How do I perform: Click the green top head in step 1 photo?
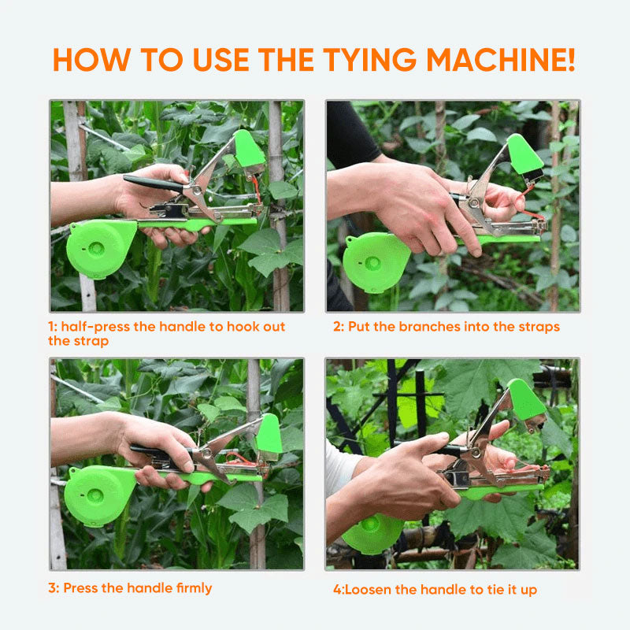[250, 150]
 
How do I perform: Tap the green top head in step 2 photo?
[524, 155]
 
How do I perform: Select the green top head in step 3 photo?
[269, 435]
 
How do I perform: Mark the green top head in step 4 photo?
[525, 402]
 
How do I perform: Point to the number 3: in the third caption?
[54, 587]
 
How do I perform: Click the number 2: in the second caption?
[339, 326]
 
